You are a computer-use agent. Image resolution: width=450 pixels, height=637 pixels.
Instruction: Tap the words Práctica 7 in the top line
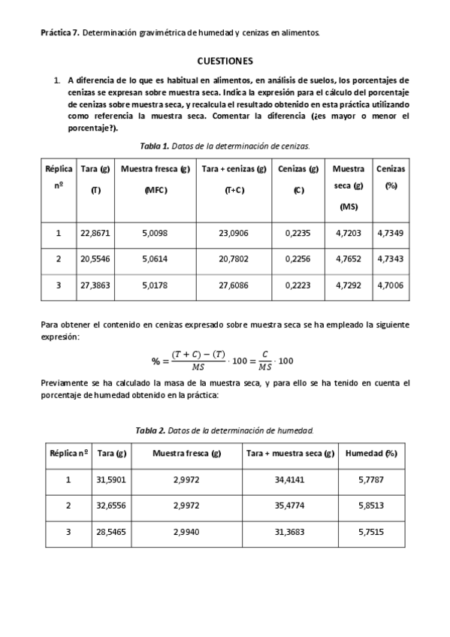pos(59,32)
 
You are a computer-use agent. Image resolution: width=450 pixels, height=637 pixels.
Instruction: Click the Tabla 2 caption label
pos(150,430)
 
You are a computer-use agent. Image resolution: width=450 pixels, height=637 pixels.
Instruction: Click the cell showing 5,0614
pos(155,259)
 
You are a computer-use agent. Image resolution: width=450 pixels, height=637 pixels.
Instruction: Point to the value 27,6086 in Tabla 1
pos(234,285)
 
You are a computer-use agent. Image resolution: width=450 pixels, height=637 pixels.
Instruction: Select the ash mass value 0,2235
pos(298,233)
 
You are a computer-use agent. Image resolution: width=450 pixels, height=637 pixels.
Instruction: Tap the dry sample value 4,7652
pos(348,259)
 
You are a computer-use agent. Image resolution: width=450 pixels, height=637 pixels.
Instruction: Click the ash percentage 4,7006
pos(391,285)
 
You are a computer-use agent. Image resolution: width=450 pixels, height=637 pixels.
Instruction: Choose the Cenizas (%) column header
pos(391,177)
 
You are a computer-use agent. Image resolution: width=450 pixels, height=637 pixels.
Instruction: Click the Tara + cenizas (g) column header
pos(234,170)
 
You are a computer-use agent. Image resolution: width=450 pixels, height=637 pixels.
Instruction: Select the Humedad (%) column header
pos(370,454)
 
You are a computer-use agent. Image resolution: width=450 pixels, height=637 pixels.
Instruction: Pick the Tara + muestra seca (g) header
pos(289,454)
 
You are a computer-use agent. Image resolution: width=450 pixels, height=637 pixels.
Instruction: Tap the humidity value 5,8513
pos(370,506)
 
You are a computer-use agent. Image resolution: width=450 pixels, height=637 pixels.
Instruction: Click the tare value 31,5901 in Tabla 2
pos(111,479)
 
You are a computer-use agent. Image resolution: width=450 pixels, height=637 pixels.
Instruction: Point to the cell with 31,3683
pos(289,532)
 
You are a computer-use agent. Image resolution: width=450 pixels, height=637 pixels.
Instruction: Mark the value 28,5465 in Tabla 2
pos(111,532)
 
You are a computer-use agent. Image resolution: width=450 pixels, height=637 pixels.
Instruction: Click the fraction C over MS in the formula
pos(265,361)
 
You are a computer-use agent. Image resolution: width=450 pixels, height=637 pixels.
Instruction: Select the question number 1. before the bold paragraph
pos(57,80)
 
